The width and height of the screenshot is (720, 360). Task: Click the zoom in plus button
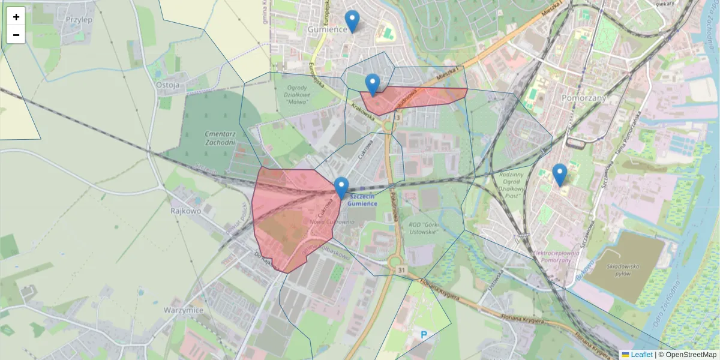point(16,17)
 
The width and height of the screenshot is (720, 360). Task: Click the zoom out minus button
point(16,35)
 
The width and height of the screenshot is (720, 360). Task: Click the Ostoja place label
point(168,85)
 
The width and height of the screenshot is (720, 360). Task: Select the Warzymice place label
point(184,310)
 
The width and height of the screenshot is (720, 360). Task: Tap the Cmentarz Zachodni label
point(220,138)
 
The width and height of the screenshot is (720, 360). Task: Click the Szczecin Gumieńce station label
point(363,200)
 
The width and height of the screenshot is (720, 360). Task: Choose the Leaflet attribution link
point(641,355)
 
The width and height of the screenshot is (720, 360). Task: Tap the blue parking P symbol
point(424,335)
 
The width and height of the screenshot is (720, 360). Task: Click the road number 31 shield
point(401,271)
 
